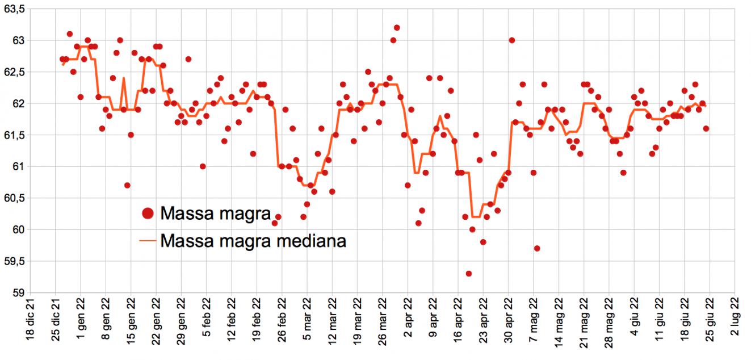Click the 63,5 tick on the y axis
[14, 9]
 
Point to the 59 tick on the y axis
[17, 292]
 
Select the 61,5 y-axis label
[14, 135]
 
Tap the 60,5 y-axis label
[14, 198]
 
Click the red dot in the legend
[148, 214]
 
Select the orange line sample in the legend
[148, 241]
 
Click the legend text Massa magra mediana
[253, 241]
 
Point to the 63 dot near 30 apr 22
[511, 40]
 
